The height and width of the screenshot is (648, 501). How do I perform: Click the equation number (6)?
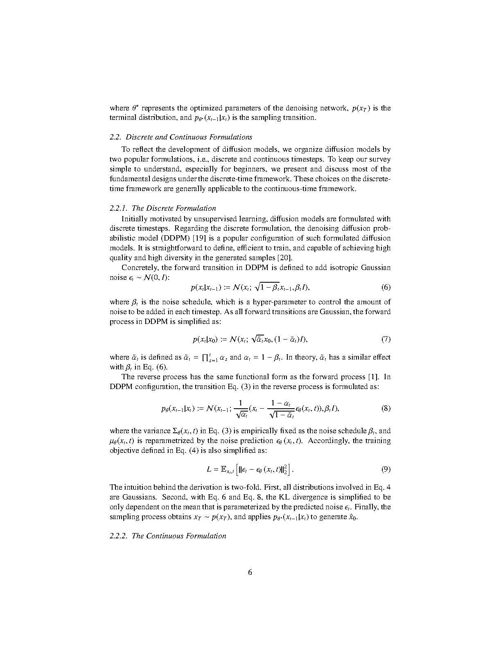click(386, 287)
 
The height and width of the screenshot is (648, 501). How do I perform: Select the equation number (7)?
click(386, 339)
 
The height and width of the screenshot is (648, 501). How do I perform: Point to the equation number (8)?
click(386, 408)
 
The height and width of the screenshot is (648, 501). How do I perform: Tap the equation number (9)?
click(386, 469)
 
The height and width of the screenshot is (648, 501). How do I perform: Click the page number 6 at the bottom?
click(250, 572)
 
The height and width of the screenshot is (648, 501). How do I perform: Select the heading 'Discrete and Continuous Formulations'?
click(189, 137)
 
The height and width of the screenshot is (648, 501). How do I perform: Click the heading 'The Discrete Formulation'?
click(174, 208)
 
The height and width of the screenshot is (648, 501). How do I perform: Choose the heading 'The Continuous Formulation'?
click(179, 536)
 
